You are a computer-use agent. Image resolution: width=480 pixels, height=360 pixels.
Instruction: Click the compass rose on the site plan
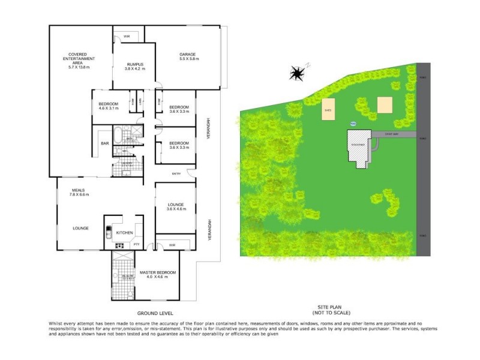coord(296,73)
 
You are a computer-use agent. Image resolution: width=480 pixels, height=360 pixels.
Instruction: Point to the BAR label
coord(104,143)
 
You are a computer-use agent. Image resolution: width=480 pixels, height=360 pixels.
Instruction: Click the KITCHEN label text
coord(124,232)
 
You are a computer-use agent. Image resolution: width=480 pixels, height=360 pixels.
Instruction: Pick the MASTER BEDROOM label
coord(158,274)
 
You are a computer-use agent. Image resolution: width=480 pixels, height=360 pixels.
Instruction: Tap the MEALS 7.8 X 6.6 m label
coord(79,193)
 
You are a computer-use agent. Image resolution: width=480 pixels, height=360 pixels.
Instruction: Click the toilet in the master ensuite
coord(130,293)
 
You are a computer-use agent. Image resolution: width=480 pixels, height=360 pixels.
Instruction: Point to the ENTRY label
coord(176,174)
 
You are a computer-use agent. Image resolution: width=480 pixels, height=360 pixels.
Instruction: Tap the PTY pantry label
coord(136,244)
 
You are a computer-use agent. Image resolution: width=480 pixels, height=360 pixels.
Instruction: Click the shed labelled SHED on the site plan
coord(328,110)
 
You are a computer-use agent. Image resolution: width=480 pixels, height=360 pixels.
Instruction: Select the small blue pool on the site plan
coord(353,124)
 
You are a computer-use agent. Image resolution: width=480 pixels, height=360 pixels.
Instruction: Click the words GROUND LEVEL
coord(155,313)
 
